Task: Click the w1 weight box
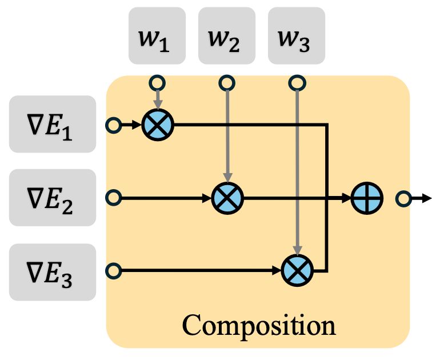tap(157, 35)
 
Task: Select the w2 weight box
tap(227, 35)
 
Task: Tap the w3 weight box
tap(297, 35)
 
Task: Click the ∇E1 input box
tap(53, 124)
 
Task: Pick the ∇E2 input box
tap(53, 198)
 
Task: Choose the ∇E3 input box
tap(53, 272)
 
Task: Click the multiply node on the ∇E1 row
tap(158, 125)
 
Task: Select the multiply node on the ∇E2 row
tap(227, 198)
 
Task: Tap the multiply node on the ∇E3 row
tap(297, 270)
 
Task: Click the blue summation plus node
tap(367, 198)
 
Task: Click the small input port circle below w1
tap(157, 83)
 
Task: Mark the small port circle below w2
tap(227, 83)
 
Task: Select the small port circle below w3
tap(297, 83)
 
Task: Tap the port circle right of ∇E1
tap(114, 125)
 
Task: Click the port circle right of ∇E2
tap(114, 198)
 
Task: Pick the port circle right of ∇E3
tap(114, 271)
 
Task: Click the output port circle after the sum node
tap(403, 199)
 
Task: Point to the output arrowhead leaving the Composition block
tap(427, 199)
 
